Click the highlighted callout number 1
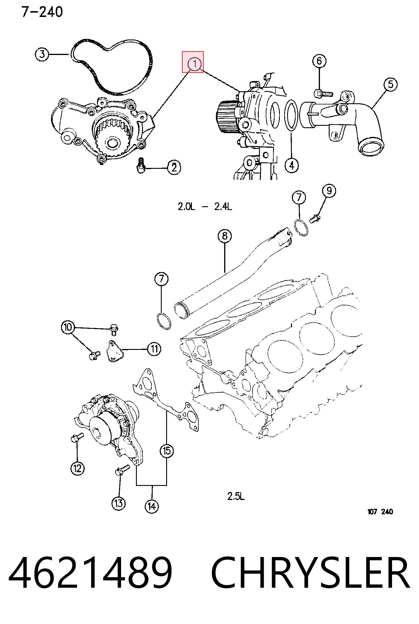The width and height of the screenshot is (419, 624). pyautogui.click(x=195, y=64)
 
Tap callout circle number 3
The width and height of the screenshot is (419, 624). pyautogui.click(x=42, y=54)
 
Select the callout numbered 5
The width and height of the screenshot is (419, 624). pyautogui.click(x=390, y=84)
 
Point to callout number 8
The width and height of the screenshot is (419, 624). pyautogui.click(x=225, y=236)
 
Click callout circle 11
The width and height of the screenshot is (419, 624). pyautogui.click(x=154, y=349)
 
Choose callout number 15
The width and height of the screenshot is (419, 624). pyautogui.click(x=167, y=451)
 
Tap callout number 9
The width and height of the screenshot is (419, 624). pyautogui.click(x=329, y=191)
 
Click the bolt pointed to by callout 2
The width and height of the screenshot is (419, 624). pyautogui.click(x=141, y=165)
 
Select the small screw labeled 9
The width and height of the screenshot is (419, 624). pyautogui.click(x=315, y=219)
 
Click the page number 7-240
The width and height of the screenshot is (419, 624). pyautogui.click(x=42, y=12)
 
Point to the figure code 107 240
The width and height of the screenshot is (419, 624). pyautogui.click(x=380, y=520)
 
